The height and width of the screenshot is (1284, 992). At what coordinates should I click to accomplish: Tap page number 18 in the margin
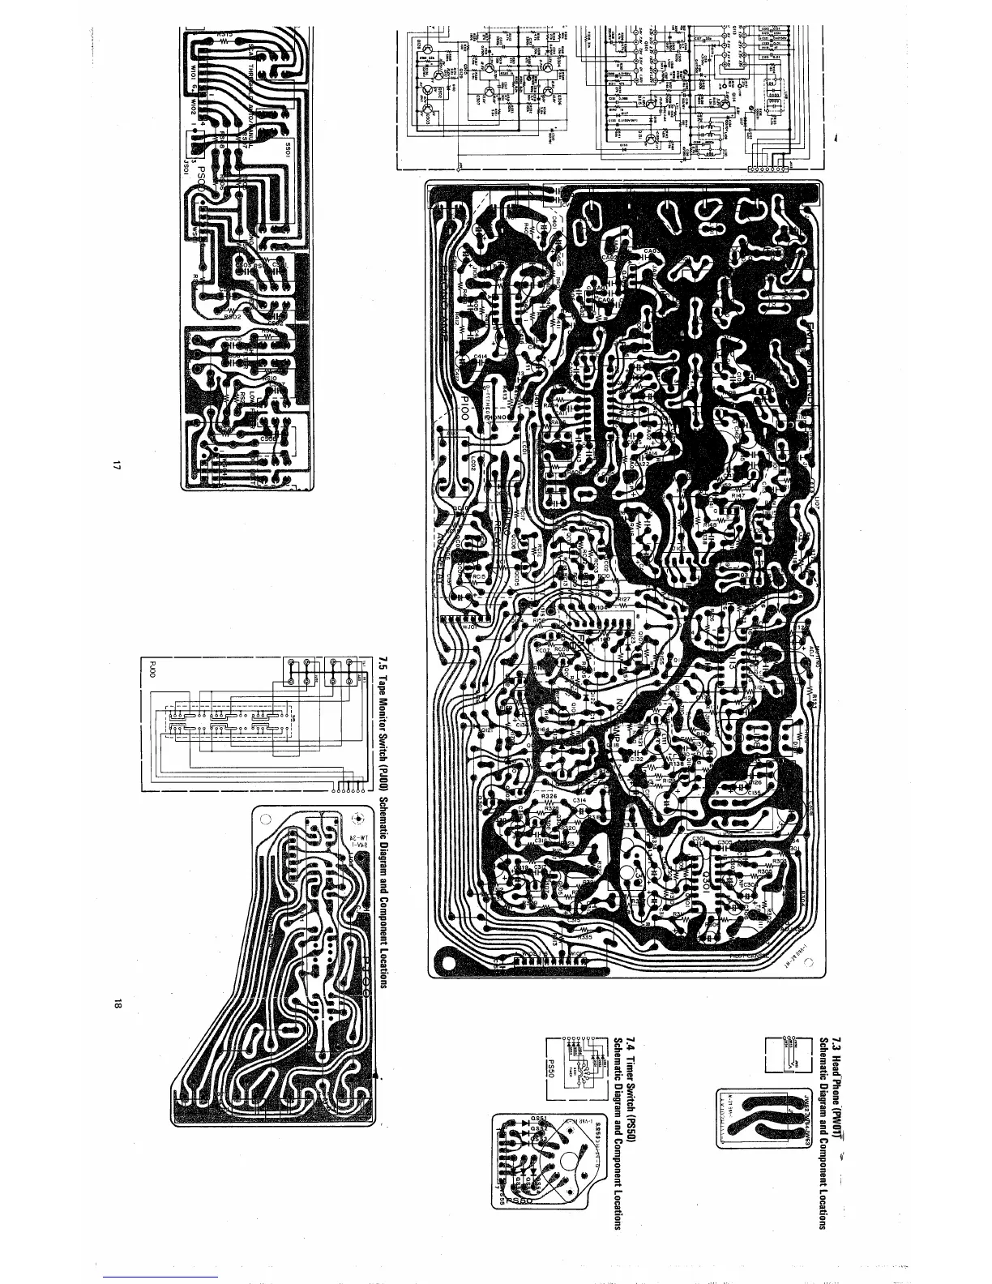coord(118,1005)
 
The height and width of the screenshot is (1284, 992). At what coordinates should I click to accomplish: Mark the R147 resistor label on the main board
coord(738,494)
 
